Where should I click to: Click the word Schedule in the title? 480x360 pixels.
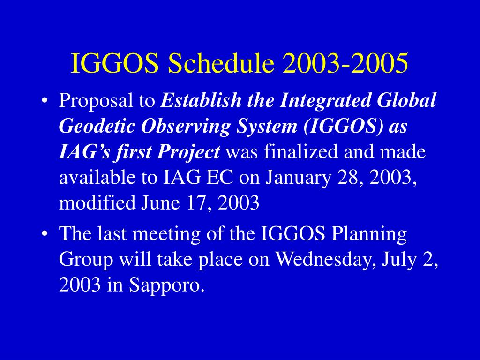[x=221, y=63]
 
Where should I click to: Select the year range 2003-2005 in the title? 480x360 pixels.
[x=345, y=63]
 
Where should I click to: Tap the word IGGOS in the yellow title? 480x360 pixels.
[x=115, y=63]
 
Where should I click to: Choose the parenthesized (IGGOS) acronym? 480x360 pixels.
[x=343, y=127]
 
